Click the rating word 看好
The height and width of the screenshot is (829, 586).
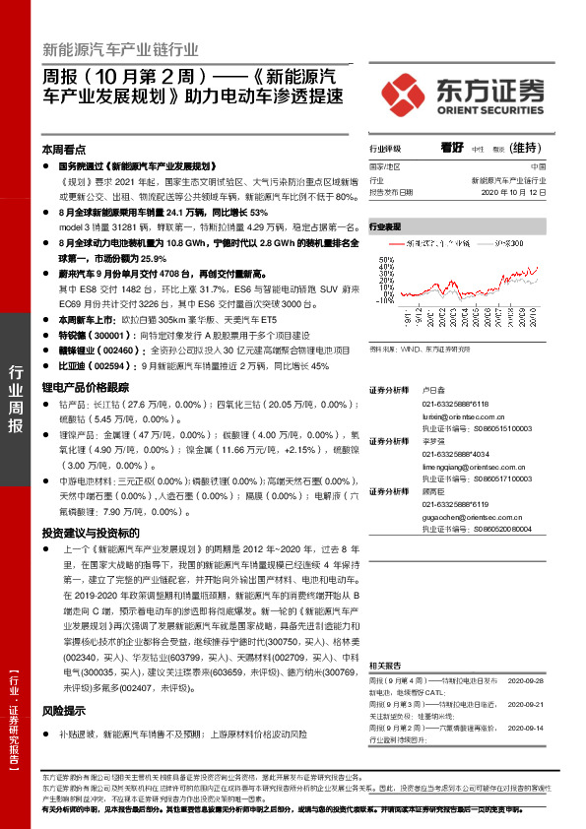click(x=453, y=148)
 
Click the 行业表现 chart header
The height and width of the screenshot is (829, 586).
click(x=386, y=227)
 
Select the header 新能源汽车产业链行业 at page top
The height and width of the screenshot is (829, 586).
click(x=121, y=48)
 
